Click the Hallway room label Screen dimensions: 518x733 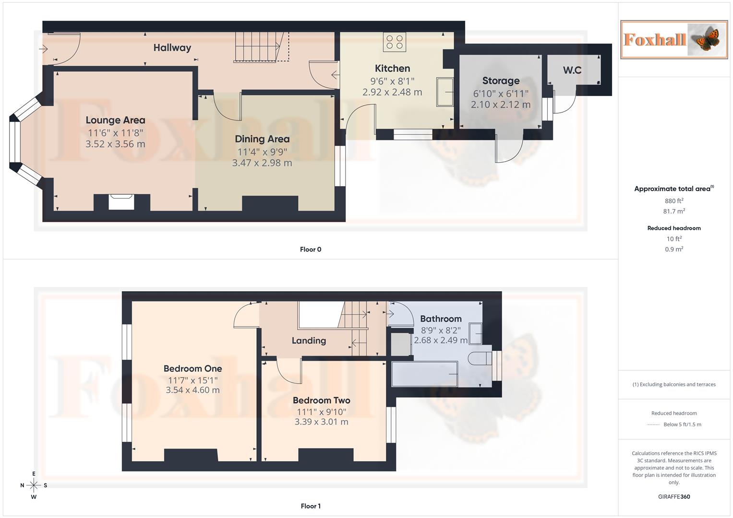click(172, 47)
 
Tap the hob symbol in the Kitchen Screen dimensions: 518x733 click(394, 42)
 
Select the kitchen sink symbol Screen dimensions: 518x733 click(445, 91)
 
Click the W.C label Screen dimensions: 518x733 click(572, 70)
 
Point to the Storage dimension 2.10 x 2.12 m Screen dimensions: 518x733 click(500, 105)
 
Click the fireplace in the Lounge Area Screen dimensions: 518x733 click(120, 201)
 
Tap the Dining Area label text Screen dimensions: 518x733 click(262, 139)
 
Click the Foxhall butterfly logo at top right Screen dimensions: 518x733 click(673, 39)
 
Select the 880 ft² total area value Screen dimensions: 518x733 click(673, 201)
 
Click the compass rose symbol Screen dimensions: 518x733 click(34, 485)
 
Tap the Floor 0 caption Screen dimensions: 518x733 click(311, 249)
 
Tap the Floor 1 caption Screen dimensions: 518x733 click(311, 506)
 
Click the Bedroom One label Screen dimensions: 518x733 click(192, 368)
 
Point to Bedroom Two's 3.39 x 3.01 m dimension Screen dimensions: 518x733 click(321, 422)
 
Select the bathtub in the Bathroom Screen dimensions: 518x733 click(424, 374)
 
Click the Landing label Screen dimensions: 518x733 click(309, 341)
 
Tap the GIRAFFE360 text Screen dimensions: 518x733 click(673, 496)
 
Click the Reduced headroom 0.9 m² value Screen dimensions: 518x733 click(673, 249)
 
